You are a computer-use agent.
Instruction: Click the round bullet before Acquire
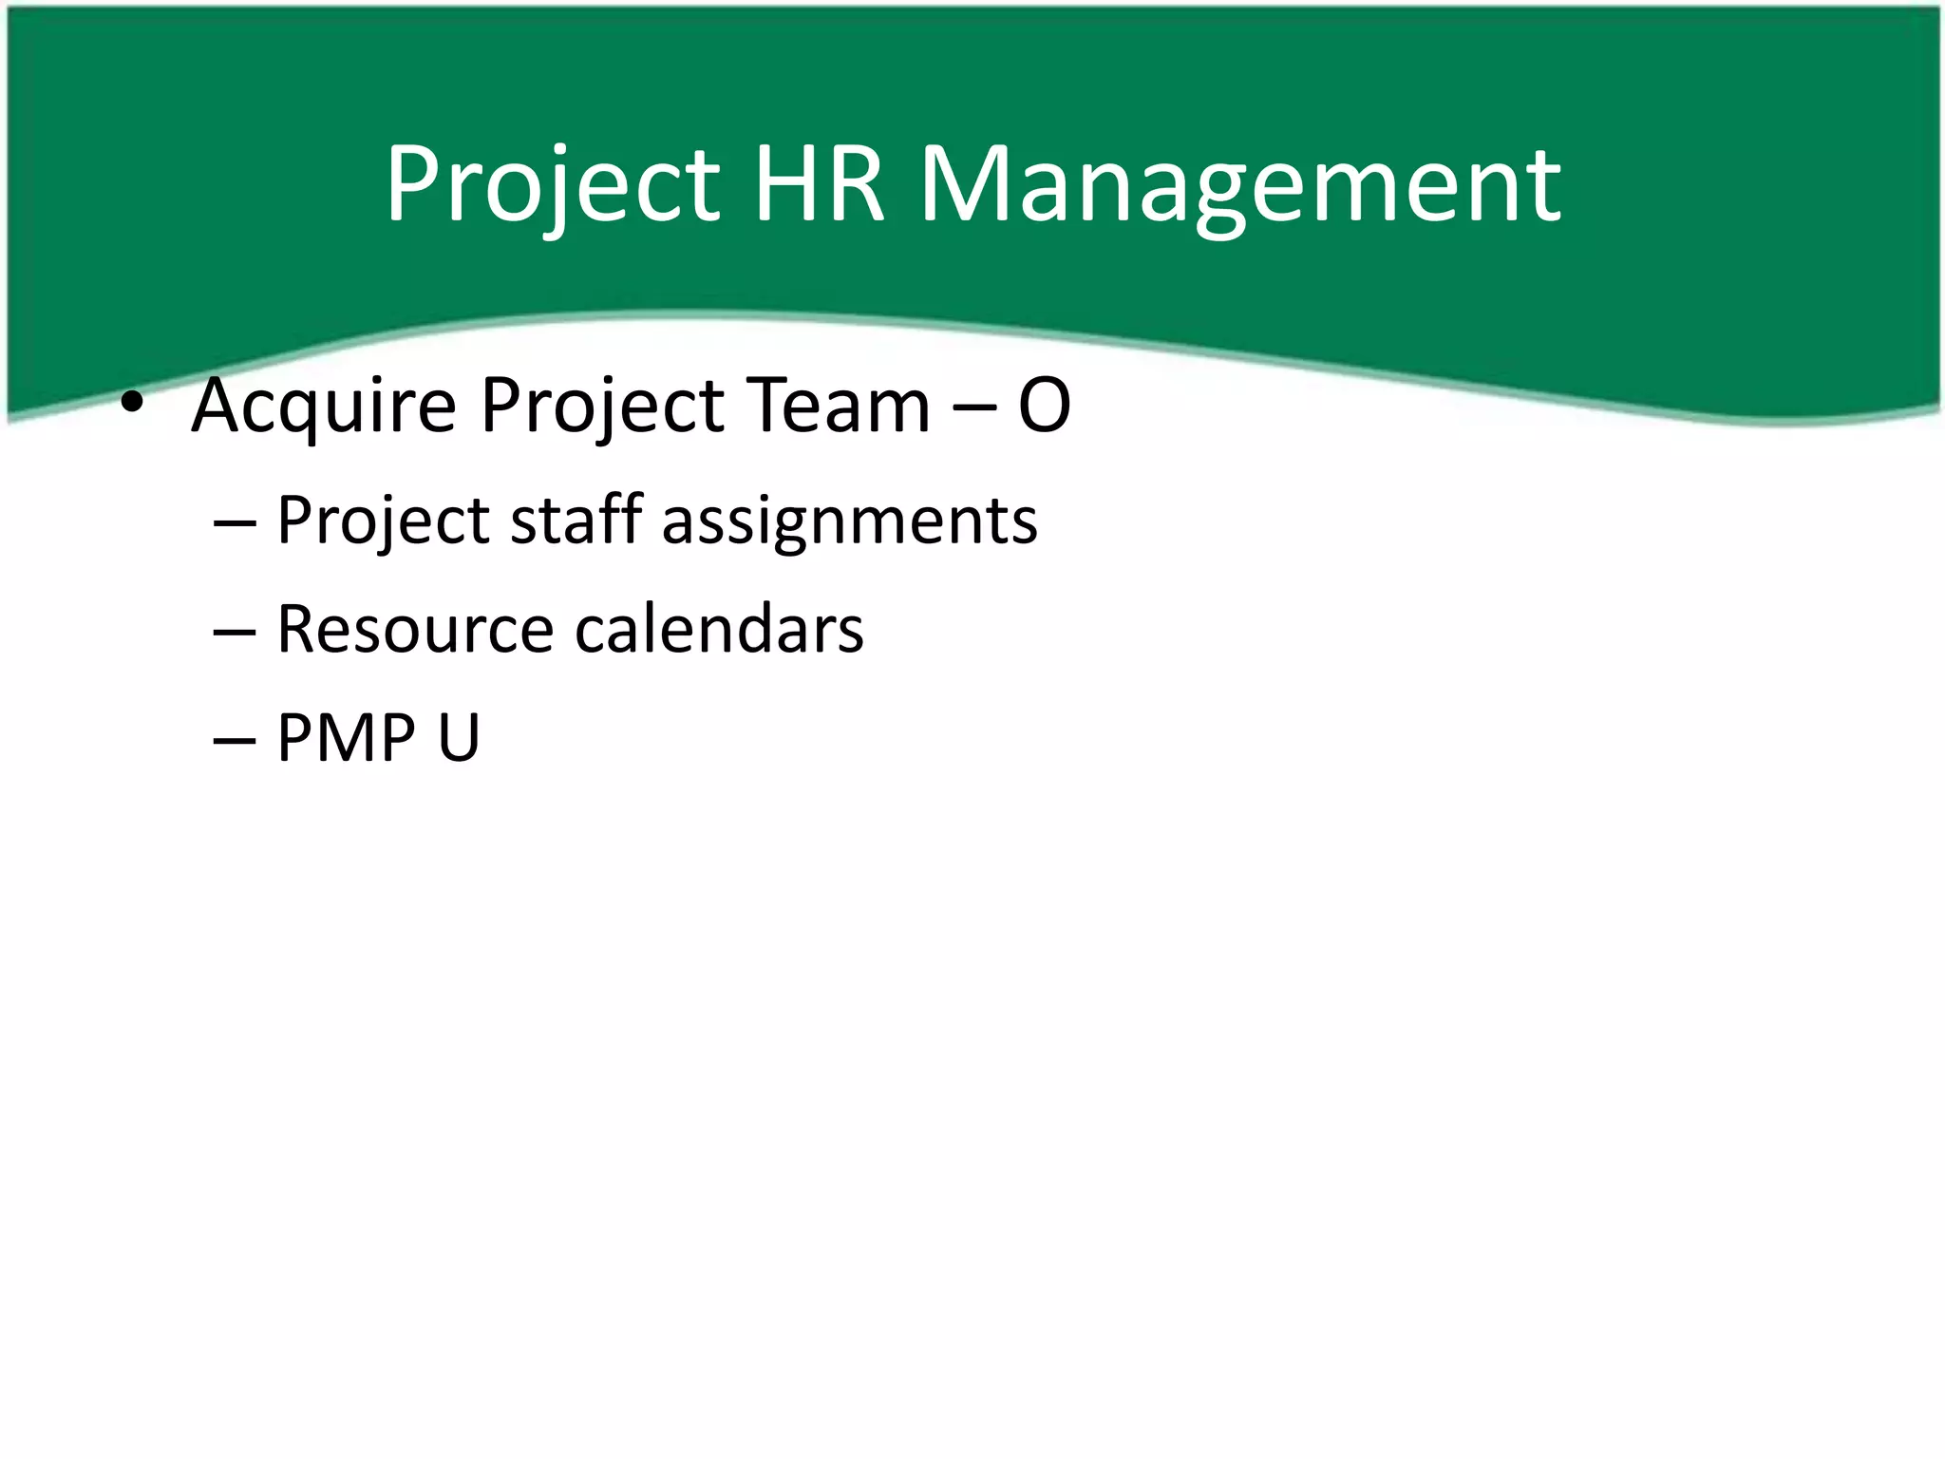coord(132,405)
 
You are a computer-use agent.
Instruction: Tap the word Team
coord(838,405)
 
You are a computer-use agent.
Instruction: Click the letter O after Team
coord(1044,407)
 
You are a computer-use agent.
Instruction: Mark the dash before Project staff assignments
coord(234,522)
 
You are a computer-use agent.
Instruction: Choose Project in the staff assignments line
coord(382,522)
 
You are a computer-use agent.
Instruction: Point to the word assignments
coord(849,522)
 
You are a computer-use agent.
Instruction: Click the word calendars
coord(719,629)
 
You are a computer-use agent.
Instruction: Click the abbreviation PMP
coord(346,737)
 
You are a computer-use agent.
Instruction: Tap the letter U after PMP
coord(459,737)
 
